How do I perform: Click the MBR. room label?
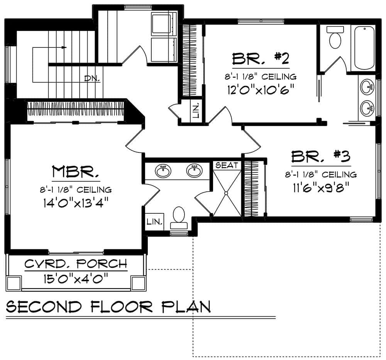click(76, 172)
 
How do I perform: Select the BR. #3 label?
click(320, 157)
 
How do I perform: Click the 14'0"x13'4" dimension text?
click(76, 202)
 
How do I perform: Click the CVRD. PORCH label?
click(76, 264)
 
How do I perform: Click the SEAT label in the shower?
click(227, 165)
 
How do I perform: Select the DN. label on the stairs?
click(92, 78)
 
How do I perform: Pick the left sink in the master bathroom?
click(164, 171)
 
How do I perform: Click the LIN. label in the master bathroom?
click(154, 222)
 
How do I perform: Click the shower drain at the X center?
click(227, 193)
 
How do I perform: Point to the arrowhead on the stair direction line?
click(64, 47)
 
